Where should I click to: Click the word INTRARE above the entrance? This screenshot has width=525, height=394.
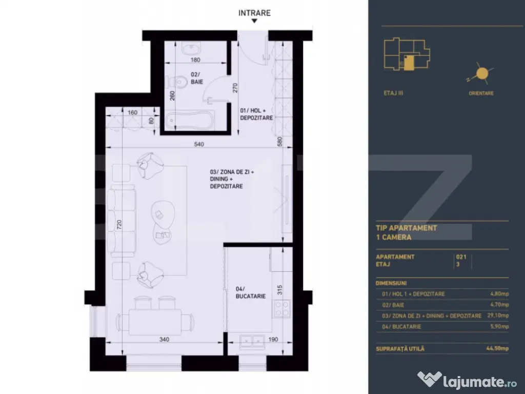tap(254, 13)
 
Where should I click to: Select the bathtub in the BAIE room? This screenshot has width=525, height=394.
tap(190, 121)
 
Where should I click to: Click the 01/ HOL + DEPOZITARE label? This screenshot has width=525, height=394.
tap(256, 114)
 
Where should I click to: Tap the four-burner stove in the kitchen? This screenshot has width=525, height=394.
tap(281, 309)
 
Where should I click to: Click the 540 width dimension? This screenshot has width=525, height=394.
tap(199, 144)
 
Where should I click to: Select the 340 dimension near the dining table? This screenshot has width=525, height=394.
tap(164, 339)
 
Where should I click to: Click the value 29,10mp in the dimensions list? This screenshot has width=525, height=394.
tap(498, 316)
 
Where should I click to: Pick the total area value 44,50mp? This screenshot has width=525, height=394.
tap(497, 349)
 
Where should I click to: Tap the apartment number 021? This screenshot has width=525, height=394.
tap(461, 257)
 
